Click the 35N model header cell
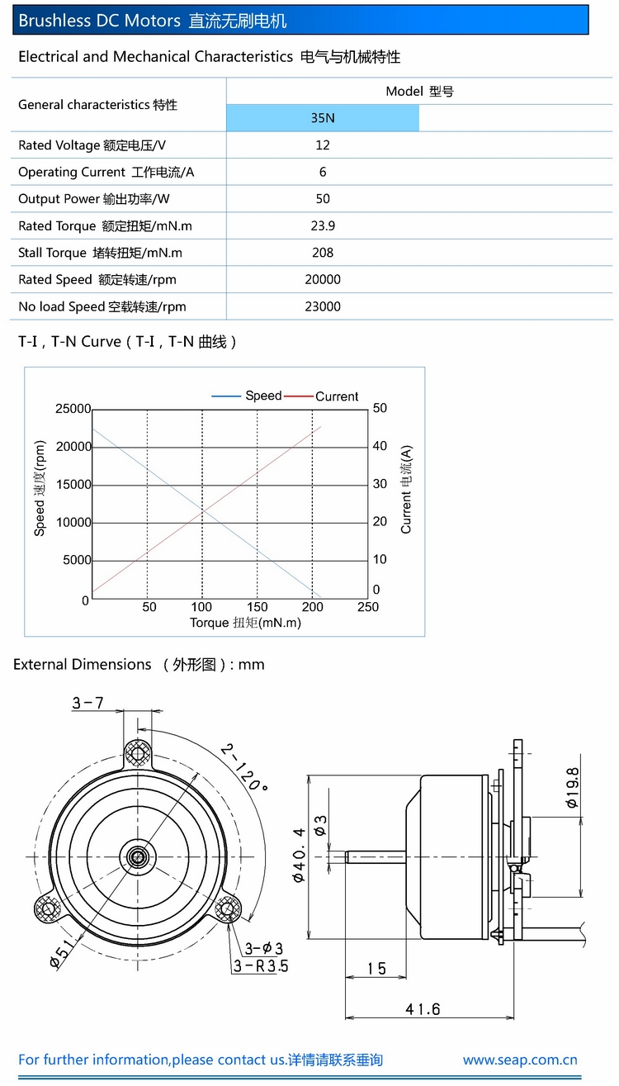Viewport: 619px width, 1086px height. click(323, 118)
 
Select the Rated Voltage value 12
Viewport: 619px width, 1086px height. click(323, 145)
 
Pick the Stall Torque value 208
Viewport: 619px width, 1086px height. click(323, 253)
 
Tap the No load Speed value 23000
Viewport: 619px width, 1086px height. click(323, 306)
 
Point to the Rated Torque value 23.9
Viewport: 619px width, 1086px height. click(323, 225)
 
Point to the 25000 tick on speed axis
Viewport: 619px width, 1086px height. click(73, 409)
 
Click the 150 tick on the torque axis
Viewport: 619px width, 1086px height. click(258, 607)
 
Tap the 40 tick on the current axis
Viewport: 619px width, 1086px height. click(380, 446)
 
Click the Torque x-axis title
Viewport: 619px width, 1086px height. click(245, 623)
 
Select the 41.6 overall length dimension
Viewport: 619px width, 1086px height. click(423, 1009)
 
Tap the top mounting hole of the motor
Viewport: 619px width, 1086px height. click(139, 752)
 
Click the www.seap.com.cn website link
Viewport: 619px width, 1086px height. click(520, 1060)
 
